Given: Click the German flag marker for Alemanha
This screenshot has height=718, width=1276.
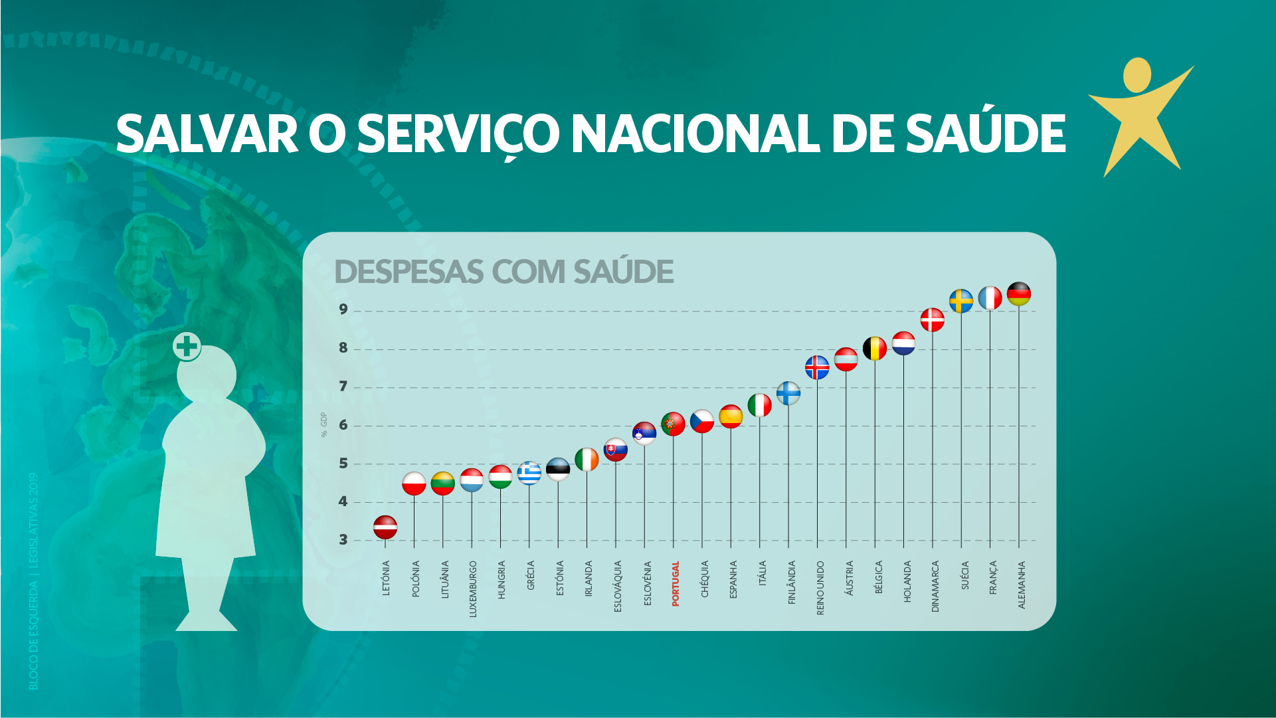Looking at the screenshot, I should (1018, 294).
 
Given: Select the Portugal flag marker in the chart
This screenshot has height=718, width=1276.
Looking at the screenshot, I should (673, 424).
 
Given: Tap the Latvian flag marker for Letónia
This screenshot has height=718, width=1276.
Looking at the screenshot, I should (385, 527).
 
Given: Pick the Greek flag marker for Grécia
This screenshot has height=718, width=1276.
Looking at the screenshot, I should (529, 473).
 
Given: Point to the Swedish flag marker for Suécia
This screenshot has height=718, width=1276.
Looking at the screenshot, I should (961, 301).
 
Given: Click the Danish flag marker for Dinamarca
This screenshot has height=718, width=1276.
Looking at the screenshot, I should (932, 320).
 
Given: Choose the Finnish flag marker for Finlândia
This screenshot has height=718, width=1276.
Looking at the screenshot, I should (788, 393).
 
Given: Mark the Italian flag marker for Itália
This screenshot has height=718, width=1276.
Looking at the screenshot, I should (759, 405).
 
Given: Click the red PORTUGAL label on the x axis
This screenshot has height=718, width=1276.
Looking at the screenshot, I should (676, 584).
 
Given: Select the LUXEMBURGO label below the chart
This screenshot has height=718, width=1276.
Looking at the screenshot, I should (473, 589).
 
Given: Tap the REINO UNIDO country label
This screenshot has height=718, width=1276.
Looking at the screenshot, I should (820, 588).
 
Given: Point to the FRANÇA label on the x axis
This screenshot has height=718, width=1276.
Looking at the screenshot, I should (993, 577).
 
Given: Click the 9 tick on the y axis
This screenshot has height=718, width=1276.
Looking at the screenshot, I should (343, 309).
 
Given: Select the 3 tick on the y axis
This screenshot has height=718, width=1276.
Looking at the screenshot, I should (343, 540).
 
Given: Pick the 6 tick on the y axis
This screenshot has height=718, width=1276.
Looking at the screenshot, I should (343, 425).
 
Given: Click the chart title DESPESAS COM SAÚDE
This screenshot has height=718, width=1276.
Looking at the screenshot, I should (503, 272).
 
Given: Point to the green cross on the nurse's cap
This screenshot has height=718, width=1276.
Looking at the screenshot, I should (187, 346).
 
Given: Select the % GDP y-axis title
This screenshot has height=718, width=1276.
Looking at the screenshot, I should (324, 425).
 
